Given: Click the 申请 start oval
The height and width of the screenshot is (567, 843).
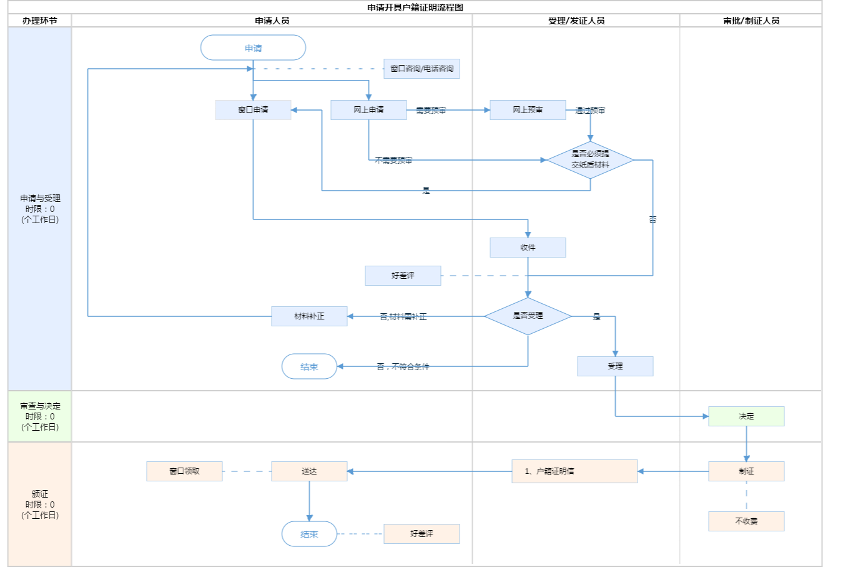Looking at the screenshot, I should coord(253,48).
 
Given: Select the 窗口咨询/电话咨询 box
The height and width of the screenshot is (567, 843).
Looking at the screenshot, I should coord(421,69).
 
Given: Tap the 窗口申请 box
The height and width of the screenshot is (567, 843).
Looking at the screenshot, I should coord(253,110).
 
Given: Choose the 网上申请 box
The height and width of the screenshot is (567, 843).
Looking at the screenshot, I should coord(368,110).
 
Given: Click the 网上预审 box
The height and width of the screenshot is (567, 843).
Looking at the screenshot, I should coord(528,110).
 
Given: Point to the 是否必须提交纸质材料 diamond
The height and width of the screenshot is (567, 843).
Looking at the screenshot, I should coord(590,159).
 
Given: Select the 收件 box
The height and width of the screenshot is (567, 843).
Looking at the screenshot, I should coord(528,248).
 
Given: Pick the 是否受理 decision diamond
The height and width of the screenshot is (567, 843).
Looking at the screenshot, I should coord(528,316).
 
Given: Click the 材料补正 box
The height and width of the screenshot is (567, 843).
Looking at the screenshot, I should coord(309,316).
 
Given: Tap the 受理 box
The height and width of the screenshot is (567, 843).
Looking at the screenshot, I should coord(615,366).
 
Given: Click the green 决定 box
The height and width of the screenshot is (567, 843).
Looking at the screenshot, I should coord(746,416).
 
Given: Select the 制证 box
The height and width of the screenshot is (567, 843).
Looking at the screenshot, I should coord(746,471).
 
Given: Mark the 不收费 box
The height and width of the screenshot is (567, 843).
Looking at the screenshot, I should coord(746,521).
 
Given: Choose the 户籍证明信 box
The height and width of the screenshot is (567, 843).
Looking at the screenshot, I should coord(574,471).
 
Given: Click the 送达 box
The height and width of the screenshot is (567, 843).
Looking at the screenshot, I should coord(309,471).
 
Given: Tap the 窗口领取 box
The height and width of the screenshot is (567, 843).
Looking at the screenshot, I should coord(184,471).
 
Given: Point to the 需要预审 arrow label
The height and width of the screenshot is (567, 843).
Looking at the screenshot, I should coord(431,111).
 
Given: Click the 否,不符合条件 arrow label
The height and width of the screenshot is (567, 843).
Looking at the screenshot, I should coord(403,367).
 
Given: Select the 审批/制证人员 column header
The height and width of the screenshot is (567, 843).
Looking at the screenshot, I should coord(751,21).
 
